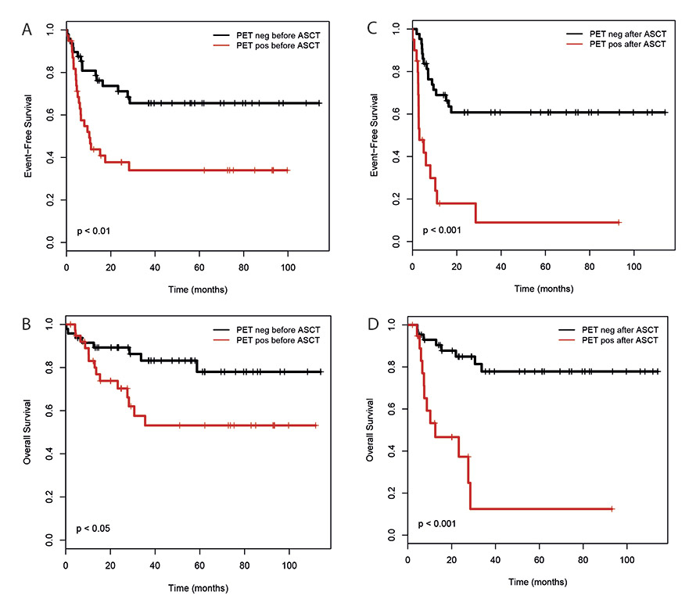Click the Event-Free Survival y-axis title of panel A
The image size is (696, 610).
pyautogui.click(x=30, y=136)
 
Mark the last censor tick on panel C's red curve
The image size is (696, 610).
pyautogui.click(x=619, y=223)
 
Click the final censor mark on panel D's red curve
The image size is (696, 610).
pyautogui.click(x=612, y=509)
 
